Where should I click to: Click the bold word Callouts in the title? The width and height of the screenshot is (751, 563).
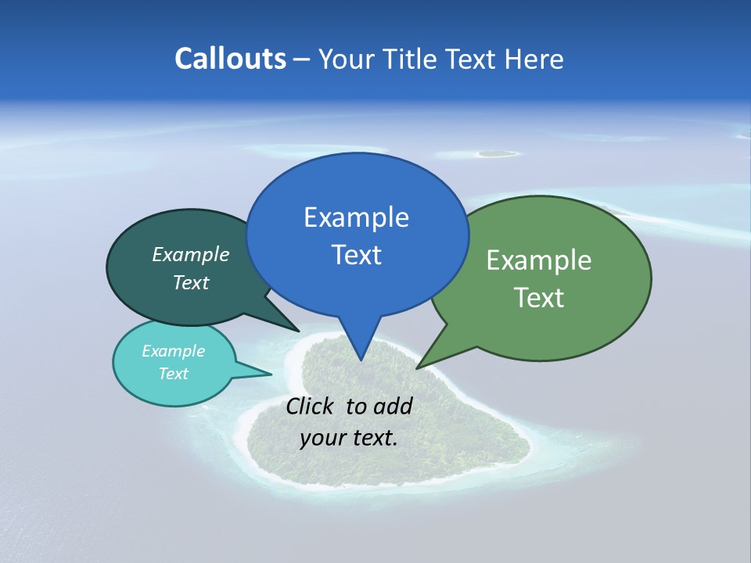(230, 59)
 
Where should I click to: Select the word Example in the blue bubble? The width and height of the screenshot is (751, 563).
(356, 217)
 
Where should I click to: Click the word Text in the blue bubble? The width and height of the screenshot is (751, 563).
(356, 255)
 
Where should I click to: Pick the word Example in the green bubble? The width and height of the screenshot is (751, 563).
(539, 260)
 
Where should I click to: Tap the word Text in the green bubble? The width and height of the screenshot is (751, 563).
(539, 298)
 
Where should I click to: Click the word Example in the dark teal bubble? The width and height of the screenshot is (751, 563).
(191, 255)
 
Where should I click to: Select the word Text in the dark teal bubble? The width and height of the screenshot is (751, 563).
(191, 283)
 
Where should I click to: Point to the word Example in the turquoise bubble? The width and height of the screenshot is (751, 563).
(173, 351)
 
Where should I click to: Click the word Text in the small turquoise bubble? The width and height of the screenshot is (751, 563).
(173, 374)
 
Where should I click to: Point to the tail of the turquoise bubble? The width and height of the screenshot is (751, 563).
(266, 374)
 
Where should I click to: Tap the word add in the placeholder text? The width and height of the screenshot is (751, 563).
(393, 406)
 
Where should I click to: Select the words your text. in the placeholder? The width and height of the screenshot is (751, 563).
(349, 438)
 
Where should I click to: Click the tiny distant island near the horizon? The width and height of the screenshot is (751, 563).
(496, 153)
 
